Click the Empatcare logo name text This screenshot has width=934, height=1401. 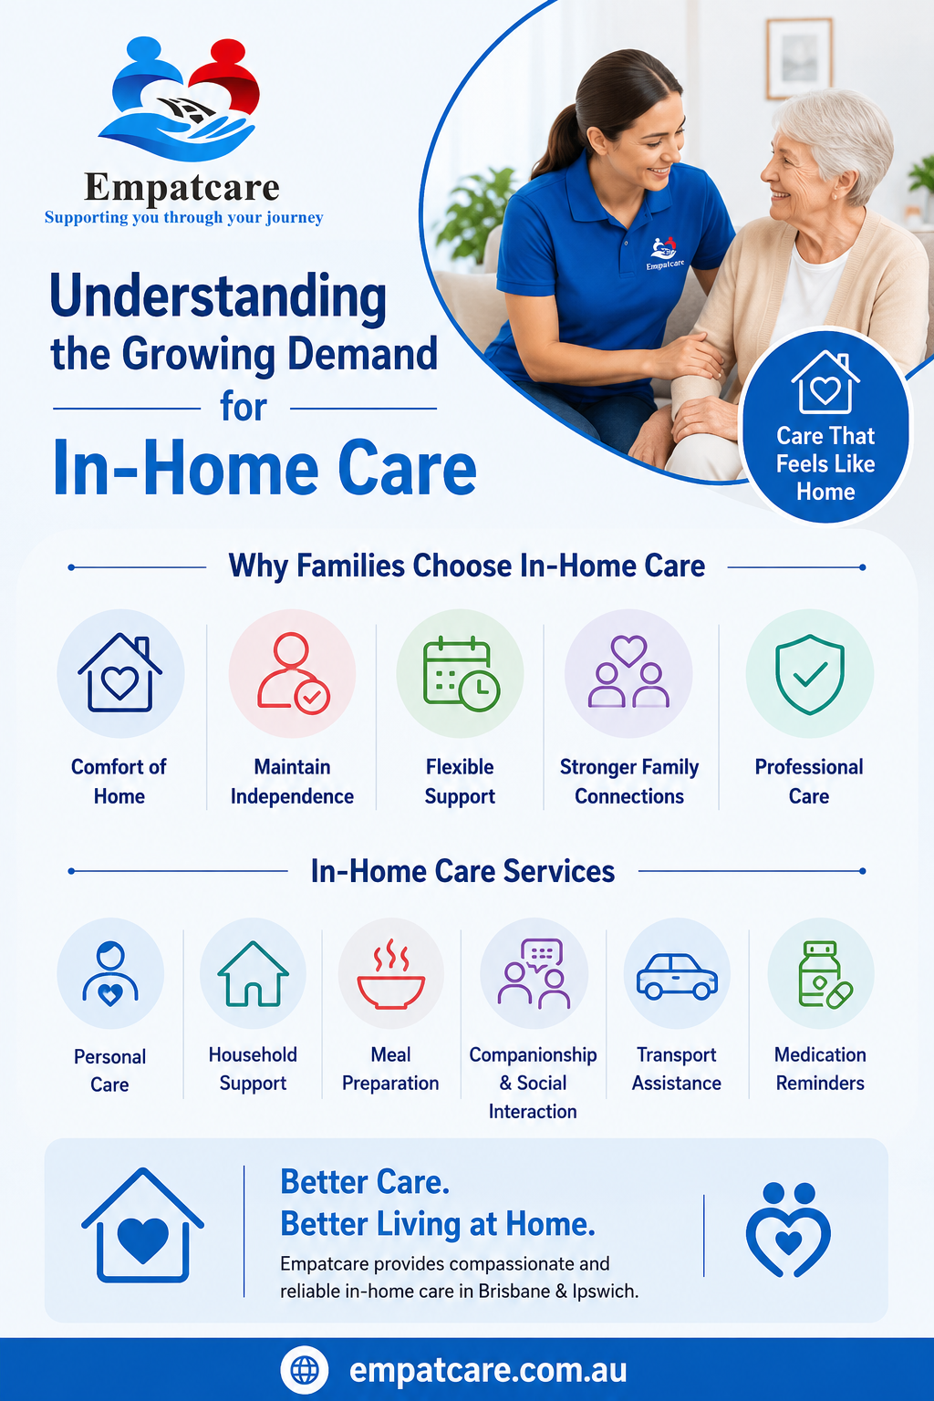coord(182,187)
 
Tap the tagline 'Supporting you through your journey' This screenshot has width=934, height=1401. coord(184,217)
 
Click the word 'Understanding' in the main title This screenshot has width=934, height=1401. coord(218,297)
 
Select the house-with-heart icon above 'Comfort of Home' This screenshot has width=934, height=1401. coord(120,672)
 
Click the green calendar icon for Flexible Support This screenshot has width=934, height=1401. coord(461,674)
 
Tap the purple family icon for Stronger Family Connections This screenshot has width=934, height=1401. coord(628,671)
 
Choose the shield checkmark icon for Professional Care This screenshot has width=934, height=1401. coord(810,674)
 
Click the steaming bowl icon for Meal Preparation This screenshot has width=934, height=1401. coord(391,974)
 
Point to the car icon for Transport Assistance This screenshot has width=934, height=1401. coord(677,976)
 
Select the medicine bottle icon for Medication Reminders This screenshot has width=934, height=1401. coord(824,974)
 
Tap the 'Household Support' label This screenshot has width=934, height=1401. coord(253,1069)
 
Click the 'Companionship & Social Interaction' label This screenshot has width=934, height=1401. coord(533,1084)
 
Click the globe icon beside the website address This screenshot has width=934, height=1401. coord(304,1370)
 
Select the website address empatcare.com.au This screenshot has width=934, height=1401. coord(488,1370)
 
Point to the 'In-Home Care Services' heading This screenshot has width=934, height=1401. coord(463,871)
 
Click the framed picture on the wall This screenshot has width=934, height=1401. coord(799,58)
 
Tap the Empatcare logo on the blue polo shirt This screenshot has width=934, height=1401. coord(664,254)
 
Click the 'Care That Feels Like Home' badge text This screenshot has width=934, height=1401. coord(825,463)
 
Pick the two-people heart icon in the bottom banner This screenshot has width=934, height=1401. coord(788,1230)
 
